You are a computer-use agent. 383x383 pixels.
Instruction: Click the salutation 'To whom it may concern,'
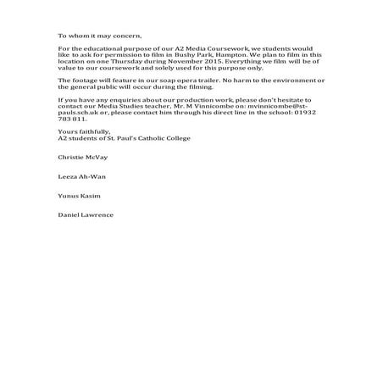pyautogui.click(x=95, y=36)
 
